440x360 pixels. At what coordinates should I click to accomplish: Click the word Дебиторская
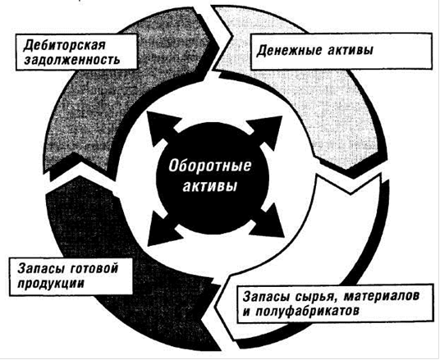[64, 45]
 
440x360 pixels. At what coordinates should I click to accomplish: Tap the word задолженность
[72, 60]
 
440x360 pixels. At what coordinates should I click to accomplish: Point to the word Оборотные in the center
[209, 166]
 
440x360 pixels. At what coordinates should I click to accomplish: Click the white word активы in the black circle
[209, 186]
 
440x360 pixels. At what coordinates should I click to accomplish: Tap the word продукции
[51, 284]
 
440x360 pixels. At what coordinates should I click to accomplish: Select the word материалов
[382, 296]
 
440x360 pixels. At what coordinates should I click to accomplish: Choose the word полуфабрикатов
[307, 312]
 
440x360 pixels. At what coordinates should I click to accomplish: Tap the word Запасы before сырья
[266, 297]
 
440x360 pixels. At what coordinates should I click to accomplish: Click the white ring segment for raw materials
[362, 247]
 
